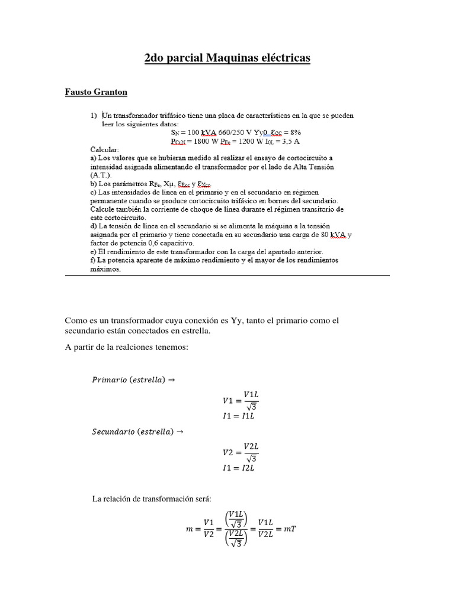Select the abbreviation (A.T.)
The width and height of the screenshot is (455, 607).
(x=99, y=176)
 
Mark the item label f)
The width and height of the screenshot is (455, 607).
(x=94, y=260)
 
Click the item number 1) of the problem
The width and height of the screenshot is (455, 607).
(x=94, y=114)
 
